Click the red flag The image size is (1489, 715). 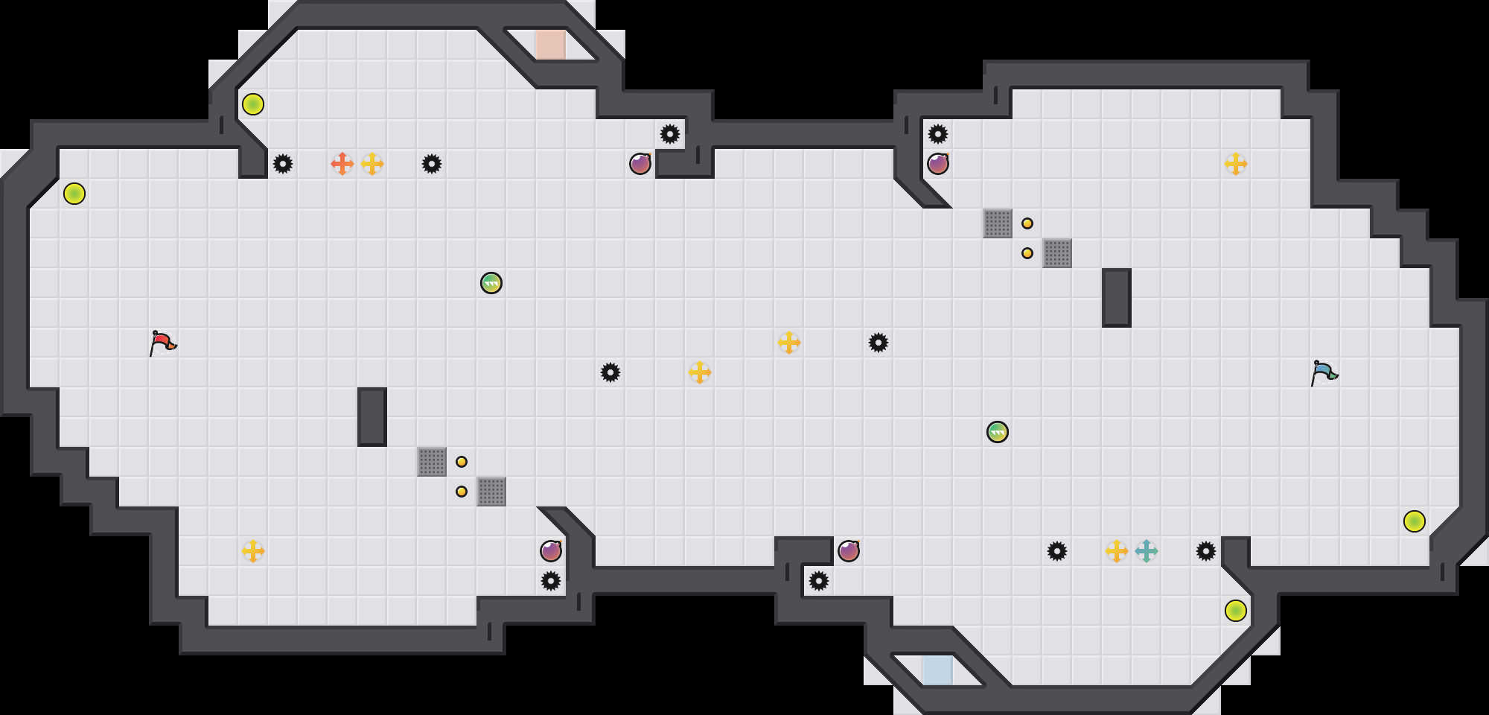[x=162, y=343]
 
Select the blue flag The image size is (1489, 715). [x=1324, y=372]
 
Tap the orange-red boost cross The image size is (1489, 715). [x=342, y=164]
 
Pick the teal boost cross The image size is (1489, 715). [x=1147, y=551]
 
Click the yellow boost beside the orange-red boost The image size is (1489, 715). [x=372, y=164]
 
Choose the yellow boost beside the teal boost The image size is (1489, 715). [x=1117, y=551]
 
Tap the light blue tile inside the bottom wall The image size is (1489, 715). [x=938, y=670]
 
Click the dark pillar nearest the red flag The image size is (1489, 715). [x=372, y=417]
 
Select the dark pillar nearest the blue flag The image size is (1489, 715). [x=1117, y=298]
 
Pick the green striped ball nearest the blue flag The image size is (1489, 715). [x=998, y=432]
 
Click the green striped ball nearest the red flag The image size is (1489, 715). [x=491, y=283]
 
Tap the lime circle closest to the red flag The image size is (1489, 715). [x=74, y=194]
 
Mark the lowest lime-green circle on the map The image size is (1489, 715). [x=1236, y=611]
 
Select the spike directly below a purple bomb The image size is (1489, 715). [x=551, y=581]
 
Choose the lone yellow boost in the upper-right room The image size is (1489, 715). [x=1236, y=164]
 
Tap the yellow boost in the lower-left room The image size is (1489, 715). [x=253, y=551]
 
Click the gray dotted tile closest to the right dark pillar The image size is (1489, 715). [x=1057, y=253]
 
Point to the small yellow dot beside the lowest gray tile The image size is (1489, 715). [x=462, y=492]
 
